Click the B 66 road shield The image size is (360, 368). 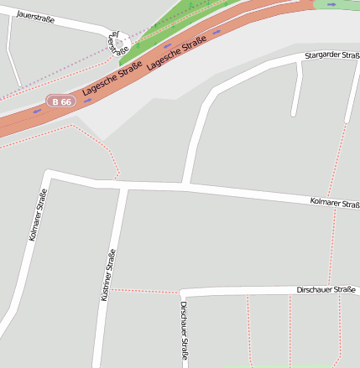pos(61,101)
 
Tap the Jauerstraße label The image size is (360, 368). pos(34,16)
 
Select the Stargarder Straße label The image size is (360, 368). pos(332,55)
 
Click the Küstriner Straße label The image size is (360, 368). pos(107,276)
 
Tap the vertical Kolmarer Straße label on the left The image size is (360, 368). pos(38,215)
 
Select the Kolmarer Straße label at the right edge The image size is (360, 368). pos(334,203)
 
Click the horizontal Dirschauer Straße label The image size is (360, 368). pos(326,290)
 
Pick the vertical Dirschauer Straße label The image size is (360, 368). pos(185,331)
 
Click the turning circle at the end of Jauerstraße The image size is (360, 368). pos(119,43)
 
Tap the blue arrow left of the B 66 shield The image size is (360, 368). pos(37,110)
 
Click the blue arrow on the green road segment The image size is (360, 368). pos(333,4)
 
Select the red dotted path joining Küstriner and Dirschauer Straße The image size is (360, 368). pos(146,291)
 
